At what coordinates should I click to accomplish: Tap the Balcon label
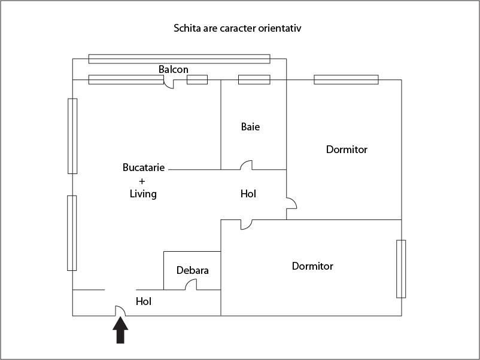(174, 69)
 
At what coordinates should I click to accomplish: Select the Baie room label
(251, 127)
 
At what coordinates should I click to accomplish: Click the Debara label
(193, 270)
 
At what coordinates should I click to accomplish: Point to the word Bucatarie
(144, 167)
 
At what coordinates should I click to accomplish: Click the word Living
(143, 194)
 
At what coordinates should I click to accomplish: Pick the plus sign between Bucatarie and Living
(142, 181)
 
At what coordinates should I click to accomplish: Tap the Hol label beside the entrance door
(144, 301)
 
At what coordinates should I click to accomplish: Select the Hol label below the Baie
(248, 194)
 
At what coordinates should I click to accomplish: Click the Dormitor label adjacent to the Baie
(347, 150)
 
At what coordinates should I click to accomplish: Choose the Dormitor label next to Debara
(312, 266)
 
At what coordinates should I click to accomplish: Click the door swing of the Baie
(246, 165)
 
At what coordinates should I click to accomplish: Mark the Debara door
(191, 285)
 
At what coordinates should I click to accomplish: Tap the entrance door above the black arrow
(120, 310)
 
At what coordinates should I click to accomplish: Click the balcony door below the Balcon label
(169, 84)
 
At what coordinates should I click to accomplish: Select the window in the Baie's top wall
(254, 80)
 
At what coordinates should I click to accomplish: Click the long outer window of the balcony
(180, 59)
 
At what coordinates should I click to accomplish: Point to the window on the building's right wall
(401, 269)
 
